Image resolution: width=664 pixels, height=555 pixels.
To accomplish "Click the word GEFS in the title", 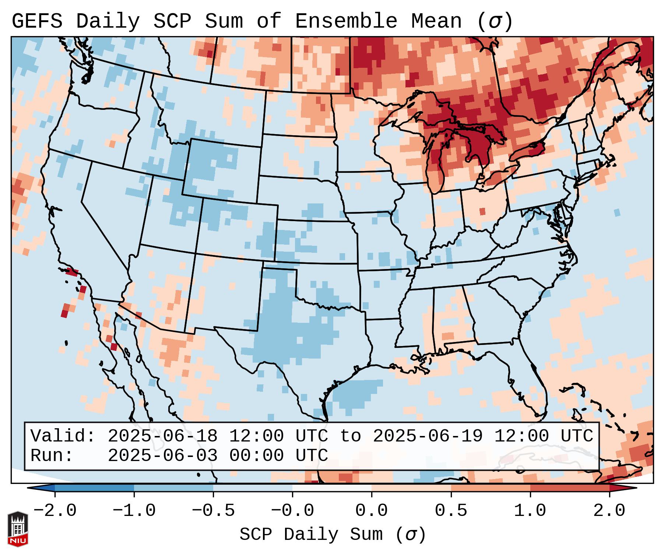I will click(x=37, y=21).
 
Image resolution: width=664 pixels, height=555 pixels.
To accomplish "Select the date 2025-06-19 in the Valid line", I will click(x=428, y=436).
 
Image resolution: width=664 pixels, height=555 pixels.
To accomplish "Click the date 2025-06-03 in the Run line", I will click(x=162, y=456).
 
